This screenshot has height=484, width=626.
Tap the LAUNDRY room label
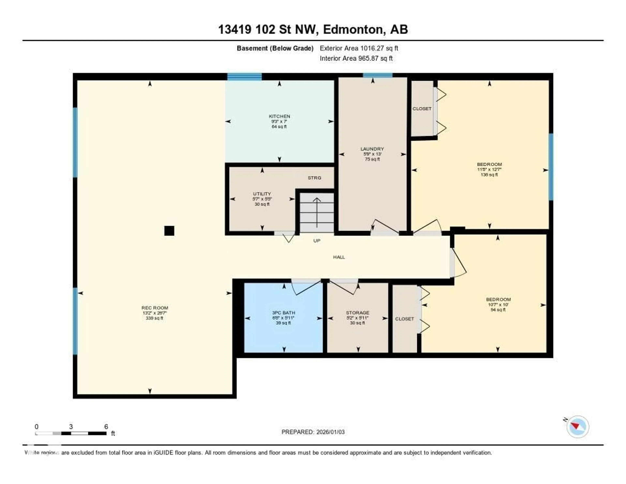point(372,149)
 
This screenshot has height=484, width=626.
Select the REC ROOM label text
point(155,308)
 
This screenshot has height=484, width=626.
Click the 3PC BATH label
point(283,313)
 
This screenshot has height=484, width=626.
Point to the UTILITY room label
point(262,194)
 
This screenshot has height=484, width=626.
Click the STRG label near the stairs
point(314,178)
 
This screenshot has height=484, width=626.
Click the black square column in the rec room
point(169,231)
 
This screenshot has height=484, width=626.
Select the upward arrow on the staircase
point(317,212)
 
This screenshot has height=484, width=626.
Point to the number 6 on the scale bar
point(106,427)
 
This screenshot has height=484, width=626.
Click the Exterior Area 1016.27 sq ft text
point(359,48)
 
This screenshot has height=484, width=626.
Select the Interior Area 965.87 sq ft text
point(356,58)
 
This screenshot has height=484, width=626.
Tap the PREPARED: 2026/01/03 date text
point(313,432)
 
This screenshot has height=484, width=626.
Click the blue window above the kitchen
point(245,77)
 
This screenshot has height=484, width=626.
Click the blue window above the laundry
point(378,75)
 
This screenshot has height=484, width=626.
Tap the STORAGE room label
point(358,313)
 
